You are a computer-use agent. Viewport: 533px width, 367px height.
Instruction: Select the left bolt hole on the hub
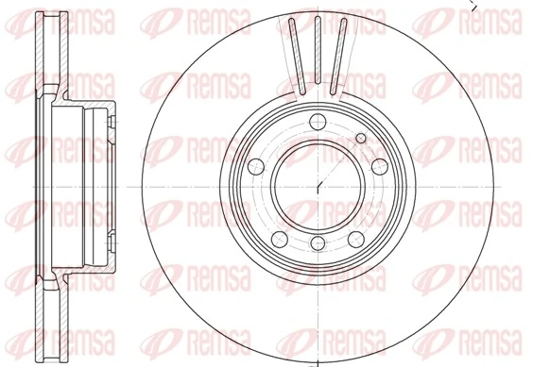click(253, 165)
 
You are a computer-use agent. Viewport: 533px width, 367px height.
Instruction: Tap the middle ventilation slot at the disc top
click(318, 52)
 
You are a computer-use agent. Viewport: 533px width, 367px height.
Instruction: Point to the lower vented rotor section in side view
click(39, 315)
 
